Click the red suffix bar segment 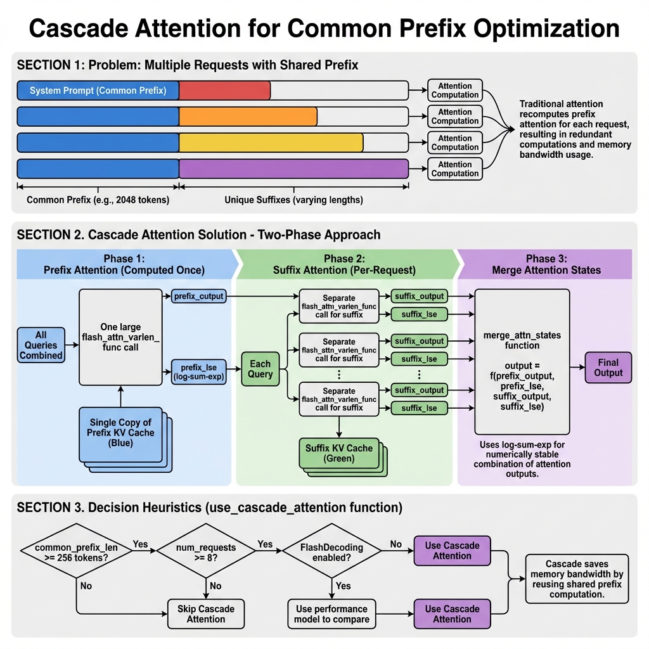coord(224,91)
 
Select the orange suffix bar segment coord(248,117)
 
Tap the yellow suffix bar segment coord(271,143)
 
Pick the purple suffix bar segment coord(293,169)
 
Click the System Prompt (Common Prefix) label coord(98,91)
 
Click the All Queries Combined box coord(41,345)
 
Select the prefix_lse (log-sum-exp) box coord(199,371)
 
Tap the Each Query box coord(260,369)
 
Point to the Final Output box coord(608,368)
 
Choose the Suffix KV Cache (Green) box coord(338,453)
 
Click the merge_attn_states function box coord(522,361)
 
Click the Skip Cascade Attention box coord(205,614)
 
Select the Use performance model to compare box coord(331,614)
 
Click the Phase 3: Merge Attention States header coord(546,264)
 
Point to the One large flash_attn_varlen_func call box coord(120,337)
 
